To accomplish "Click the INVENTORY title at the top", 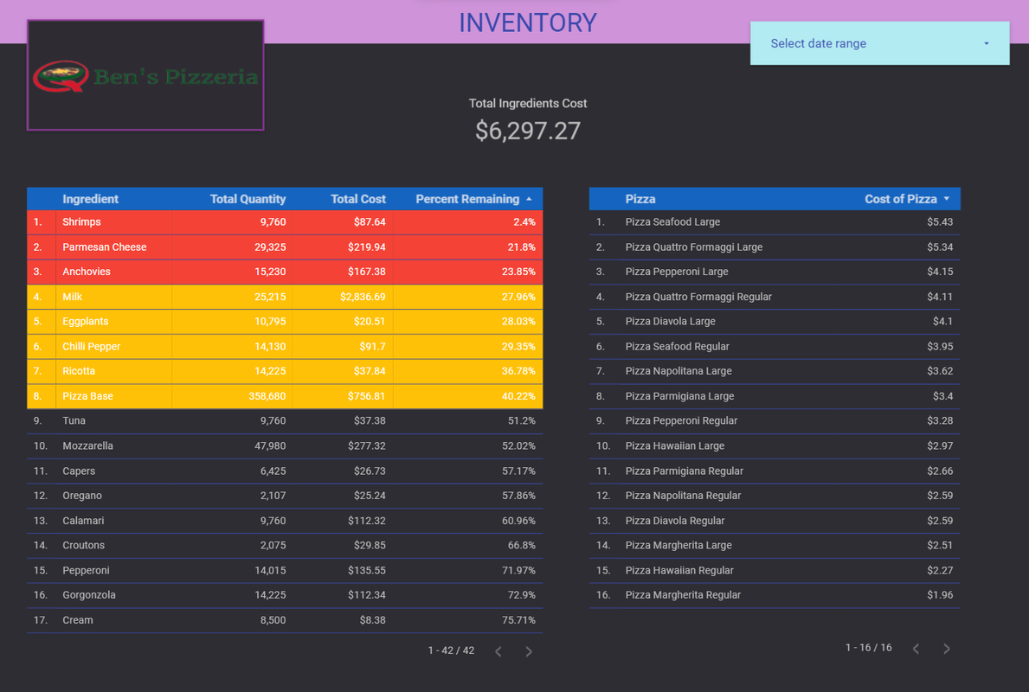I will pyautogui.click(x=527, y=22).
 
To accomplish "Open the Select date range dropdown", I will pyautogui.click(x=879, y=43).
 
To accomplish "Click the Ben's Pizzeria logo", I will pyautogui.click(x=145, y=76).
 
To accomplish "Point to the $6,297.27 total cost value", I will pyautogui.click(x=527, y=131).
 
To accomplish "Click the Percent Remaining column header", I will pyautogui.click(x=467, y=199).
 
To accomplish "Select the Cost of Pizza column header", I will pyautogui.click(x=901, y=199).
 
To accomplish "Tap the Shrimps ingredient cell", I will pyautogui.click(x=81, y=222).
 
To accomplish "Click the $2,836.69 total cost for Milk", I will pyautogui.click(x=363, y=297).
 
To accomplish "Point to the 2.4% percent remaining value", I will pyautogui.click(x=523, y=222).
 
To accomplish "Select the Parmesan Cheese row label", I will pyautogui.click(x=105, y=247).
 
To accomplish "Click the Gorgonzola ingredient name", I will pyautogui.click(x=89, y=595).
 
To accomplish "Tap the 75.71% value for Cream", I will pyautogui.click(x=517, y=620).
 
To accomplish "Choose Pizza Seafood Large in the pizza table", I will pyautogui.click(x=672, y=222).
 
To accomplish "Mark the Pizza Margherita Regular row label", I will pyautogui.click(x=683, y=595).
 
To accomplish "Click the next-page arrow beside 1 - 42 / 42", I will pyautogui.click(x=529, y=651).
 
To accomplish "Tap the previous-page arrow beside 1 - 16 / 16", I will pyautogui.click(x=916, y=649).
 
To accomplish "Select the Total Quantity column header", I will pyautogui.click(x=248, y=199).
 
